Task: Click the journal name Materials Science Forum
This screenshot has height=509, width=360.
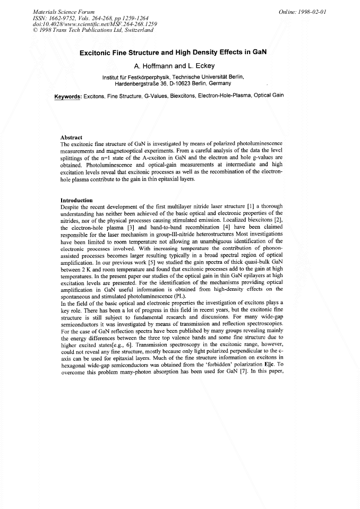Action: pos(64,11)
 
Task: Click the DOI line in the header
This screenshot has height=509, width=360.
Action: pos(91,24)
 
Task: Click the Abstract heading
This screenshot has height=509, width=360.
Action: pos(72,137)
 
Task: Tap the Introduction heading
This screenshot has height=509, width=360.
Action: pos(77,200)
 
